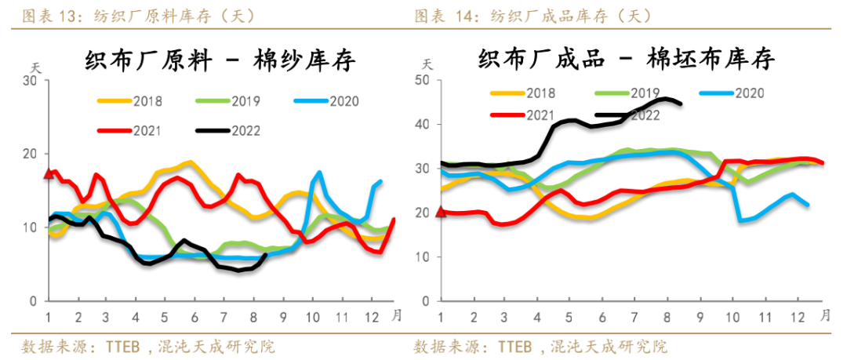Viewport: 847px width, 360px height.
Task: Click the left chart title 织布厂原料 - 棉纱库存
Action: [x=220, y=61]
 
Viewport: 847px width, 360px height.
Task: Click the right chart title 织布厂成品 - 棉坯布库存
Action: [x=627, y=59]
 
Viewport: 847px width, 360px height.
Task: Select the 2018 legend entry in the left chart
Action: [x=128, y=100]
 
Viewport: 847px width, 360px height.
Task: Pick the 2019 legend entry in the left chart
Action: [x=228, y=100]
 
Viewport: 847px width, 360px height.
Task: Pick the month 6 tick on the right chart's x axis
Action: [x=601, y=317]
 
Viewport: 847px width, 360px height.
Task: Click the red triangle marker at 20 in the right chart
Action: [x=440, y=211]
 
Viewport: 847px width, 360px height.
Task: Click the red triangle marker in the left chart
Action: [x=49, y=173]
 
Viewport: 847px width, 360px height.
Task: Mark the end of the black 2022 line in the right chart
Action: [x=680, y=104]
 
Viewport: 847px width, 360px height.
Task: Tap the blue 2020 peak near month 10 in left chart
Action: [x=319, y=173]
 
